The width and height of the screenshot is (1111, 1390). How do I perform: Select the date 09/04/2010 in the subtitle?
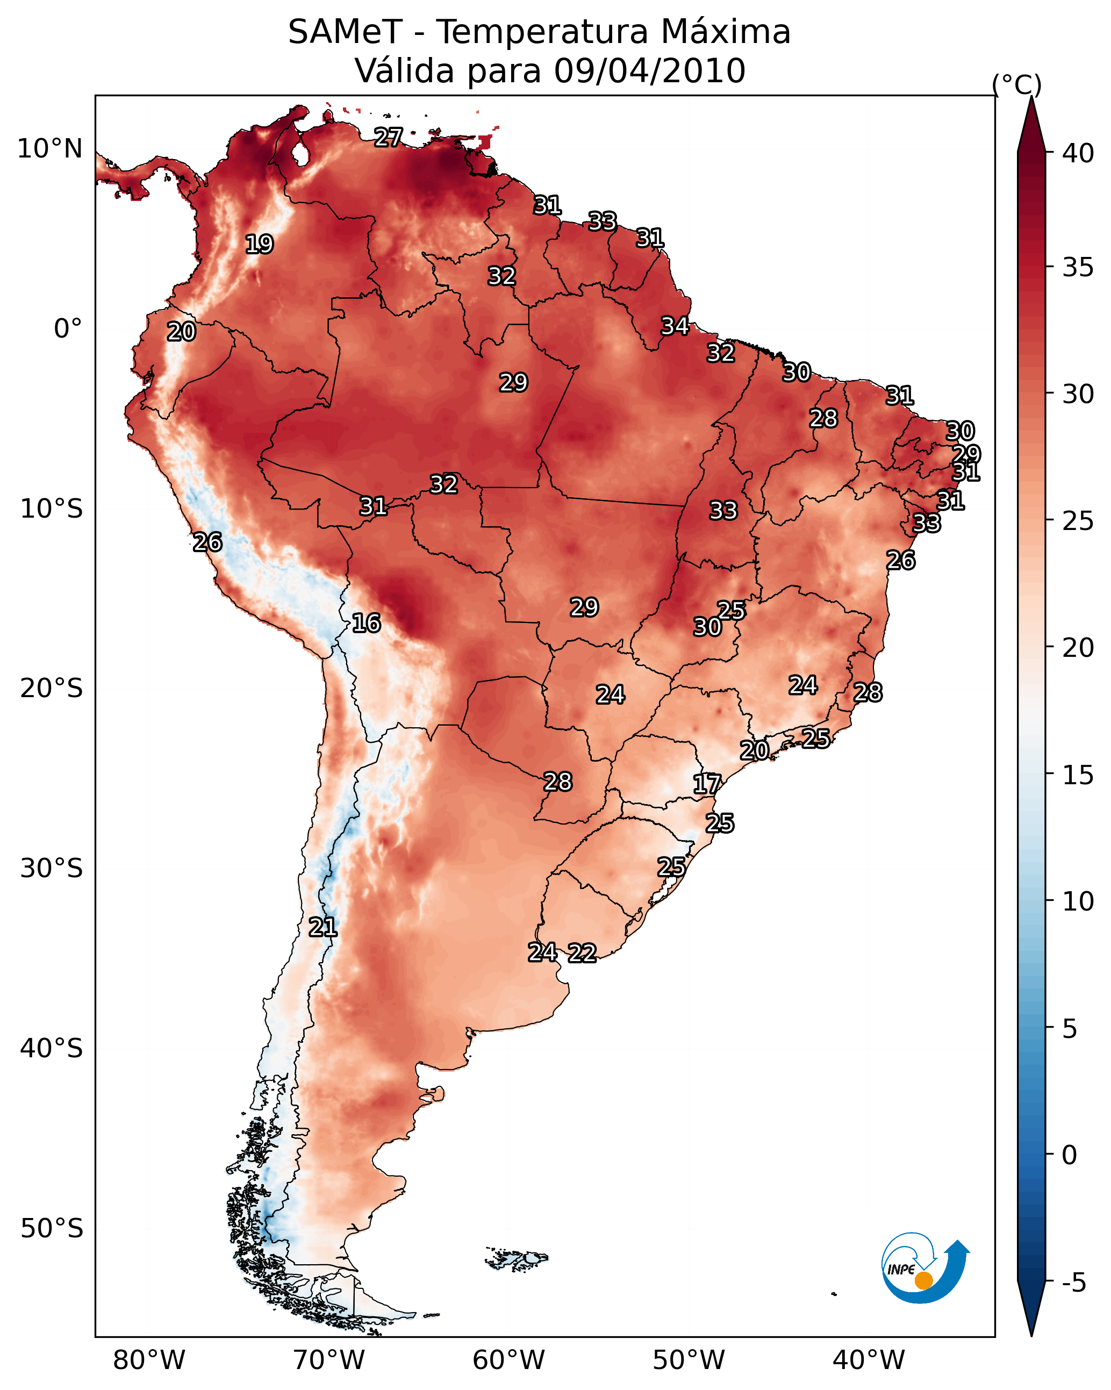649,70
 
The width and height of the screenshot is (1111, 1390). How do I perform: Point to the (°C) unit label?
1016,84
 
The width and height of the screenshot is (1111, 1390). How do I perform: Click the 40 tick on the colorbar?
1078,153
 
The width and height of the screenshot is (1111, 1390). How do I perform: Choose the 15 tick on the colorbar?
1078,775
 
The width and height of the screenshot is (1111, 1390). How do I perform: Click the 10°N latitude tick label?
49,149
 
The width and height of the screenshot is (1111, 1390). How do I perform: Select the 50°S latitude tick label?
52,1229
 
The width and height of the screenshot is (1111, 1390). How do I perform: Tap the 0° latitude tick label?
68,329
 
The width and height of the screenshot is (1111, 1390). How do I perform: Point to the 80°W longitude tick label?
149,1360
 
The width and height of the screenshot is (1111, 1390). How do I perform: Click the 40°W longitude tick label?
869,1360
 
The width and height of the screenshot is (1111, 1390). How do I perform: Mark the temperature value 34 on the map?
675,326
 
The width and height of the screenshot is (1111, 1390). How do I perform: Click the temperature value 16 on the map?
366,623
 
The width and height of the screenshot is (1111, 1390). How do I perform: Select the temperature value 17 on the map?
707,784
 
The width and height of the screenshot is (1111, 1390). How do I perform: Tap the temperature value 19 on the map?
259,245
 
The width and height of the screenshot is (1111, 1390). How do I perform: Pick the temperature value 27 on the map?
388,137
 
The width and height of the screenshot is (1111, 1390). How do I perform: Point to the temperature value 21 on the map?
322,927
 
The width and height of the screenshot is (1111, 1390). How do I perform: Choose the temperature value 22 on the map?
582,953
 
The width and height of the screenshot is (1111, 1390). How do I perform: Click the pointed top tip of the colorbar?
1031,97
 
